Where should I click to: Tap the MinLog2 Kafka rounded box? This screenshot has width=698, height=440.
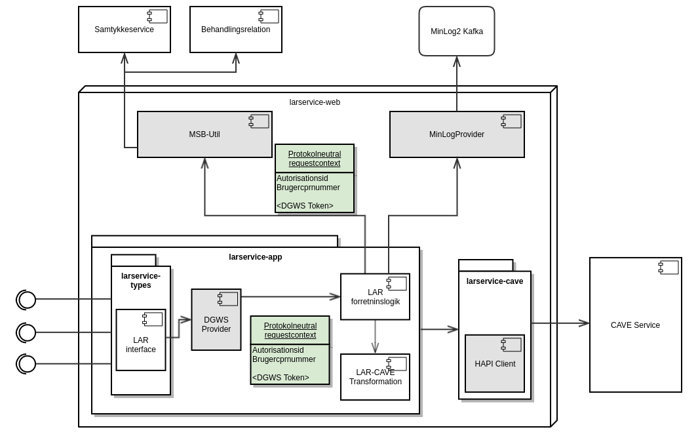tap(457, 31)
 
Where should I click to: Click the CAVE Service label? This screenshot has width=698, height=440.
tap(635, 325)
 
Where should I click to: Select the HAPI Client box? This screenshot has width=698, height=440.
tap(495, 363)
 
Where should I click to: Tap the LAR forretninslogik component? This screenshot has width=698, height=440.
tap(375, 297)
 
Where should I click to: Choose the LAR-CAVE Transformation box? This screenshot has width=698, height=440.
tap(375, 377)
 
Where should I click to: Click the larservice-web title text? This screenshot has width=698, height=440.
tap(315, 102)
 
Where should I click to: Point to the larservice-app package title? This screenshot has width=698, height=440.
tap(256, 257)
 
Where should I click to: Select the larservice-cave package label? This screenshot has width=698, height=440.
tap(495, 281)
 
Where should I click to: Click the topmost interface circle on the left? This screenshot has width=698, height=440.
tap(27, 300)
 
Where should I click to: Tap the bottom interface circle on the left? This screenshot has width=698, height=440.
tap(27, 364)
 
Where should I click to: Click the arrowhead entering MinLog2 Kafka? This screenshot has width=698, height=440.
tap(457, 61)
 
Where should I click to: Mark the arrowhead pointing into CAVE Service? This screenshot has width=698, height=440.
tap(585, 323)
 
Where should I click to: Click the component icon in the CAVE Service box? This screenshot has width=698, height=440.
tap(669, 268)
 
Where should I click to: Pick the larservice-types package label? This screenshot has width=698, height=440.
tap(141, 281)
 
